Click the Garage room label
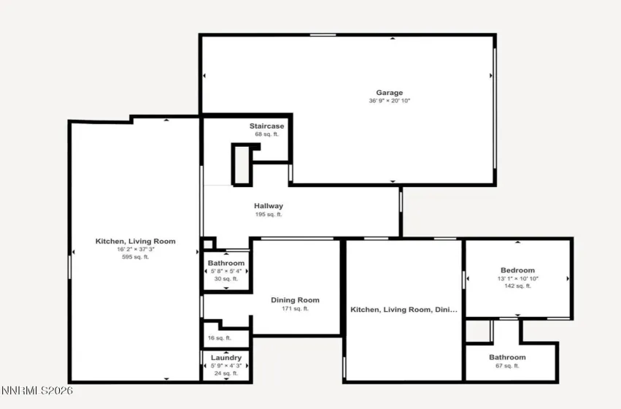click(390, 93)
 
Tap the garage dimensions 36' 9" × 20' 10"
click(390, 101)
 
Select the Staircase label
click(266, 126)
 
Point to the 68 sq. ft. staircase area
click(266, 134)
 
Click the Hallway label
click(269, 206)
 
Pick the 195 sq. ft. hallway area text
click(269, 214)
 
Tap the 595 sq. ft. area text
click(135, 257)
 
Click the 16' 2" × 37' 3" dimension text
click(135, 249)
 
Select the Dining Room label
click(295, 300)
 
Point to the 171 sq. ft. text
click(295, 308)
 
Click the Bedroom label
click(517, 270)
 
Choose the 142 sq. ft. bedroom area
click(517, 286)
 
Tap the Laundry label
click(226, 358)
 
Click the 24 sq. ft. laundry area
click(226, 373)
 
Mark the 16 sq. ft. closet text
click(219, 338)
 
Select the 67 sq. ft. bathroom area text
click(506, 365)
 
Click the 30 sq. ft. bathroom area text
click(226, 278)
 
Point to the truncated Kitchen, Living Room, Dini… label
click(404, 310)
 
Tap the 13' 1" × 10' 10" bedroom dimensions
click(517, 278)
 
